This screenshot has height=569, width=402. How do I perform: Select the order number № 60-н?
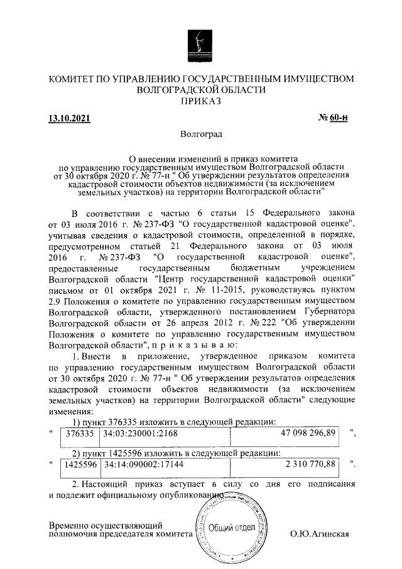tap(334, 118)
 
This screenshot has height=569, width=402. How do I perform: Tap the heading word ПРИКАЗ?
tap(201, 101)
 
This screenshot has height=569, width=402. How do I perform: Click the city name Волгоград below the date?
tap(201, 134)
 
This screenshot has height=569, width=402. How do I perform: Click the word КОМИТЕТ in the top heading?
tap(76, 79)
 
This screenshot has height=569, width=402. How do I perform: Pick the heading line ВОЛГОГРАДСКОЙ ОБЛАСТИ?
tap(201, 90)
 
